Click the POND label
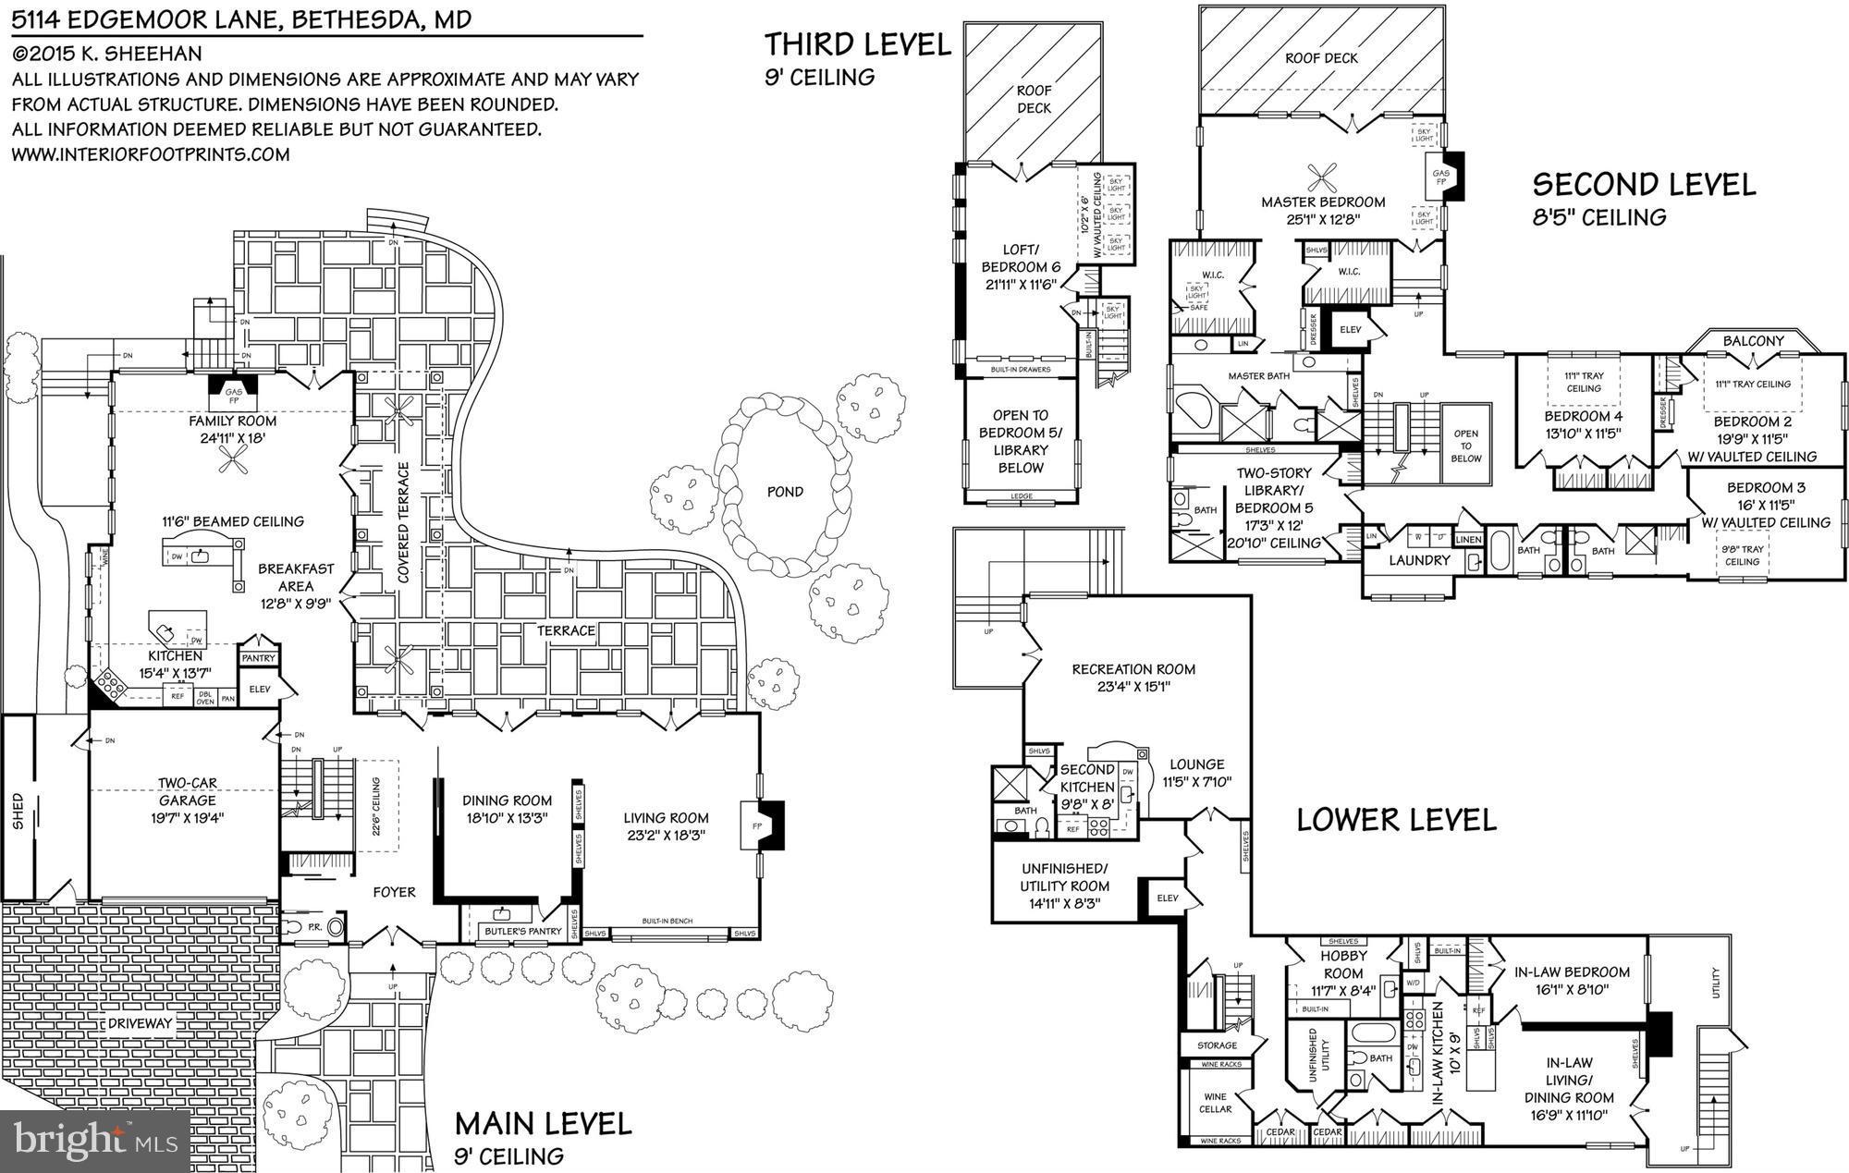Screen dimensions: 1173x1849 coord(784,492)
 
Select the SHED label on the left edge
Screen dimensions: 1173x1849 coord(18,811)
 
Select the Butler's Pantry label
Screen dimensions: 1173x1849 coord(523,931)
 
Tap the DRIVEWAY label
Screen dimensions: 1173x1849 coord(140,1023)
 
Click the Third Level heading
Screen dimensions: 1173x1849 coord(858,44)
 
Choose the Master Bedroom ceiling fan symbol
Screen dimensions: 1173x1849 coord(1323,176)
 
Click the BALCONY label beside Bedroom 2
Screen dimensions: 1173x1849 coord(1753,341)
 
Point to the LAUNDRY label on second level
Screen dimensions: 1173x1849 coord(1419,560)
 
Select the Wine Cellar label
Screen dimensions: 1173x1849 coord(1215,1103)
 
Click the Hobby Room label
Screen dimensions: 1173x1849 coord(1343,965)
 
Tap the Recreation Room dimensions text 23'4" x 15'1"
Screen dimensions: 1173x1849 coord(1133,687)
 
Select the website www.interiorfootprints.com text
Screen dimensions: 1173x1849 coord(151,154)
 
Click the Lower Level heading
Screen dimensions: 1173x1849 coord(1396,820)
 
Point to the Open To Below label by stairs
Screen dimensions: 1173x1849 coord(1465,446)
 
